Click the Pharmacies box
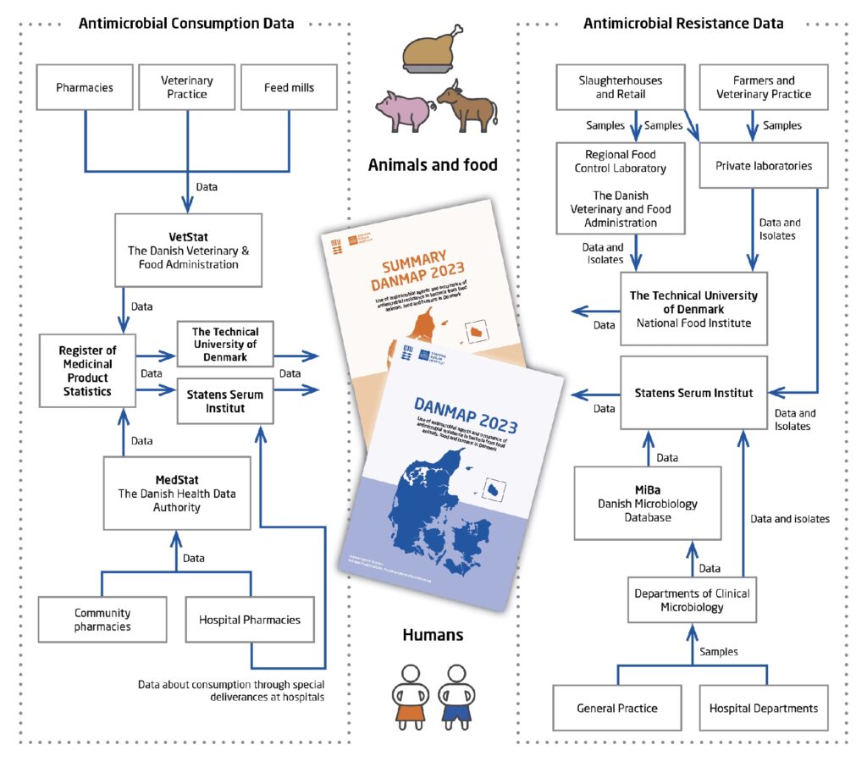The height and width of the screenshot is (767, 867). [x=85, y=87]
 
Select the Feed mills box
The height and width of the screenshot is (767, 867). [x=290, y=87]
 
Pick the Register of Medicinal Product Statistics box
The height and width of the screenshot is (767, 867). [x=86, y=370]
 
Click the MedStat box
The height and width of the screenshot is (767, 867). [x=177, y=494]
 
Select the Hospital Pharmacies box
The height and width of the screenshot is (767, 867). [x=250, y=620]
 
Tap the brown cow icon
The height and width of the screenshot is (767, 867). [x=468, y=107]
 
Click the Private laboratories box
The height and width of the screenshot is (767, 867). [x=763, y=166]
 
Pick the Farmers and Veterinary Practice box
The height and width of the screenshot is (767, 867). [x=763, y=87]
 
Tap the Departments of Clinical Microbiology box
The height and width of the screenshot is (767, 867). [x=691, y=599]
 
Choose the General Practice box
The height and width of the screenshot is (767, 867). [x=617, y=708]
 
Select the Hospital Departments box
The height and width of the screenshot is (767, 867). [x=764, y=708]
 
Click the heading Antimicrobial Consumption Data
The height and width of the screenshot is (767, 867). [x=186, y=24]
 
